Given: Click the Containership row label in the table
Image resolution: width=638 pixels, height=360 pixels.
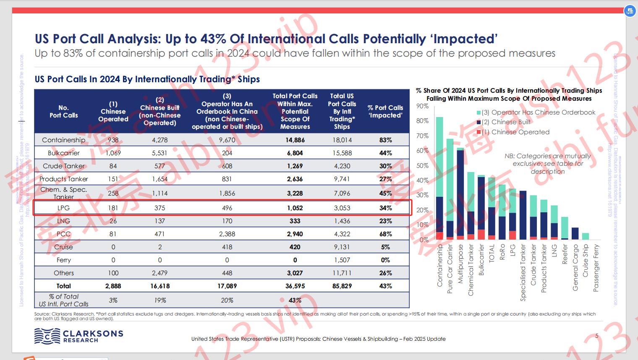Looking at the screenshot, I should pyautogui.click(x=63, y=140).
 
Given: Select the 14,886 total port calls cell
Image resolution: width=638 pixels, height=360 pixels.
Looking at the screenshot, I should pyautogui.click(x=295, y=140).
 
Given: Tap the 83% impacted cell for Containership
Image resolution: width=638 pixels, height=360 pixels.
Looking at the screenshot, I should pyautogui.click(x=385, y=140).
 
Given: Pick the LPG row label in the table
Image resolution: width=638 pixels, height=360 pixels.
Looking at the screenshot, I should pyautogui.click(x=63, y=208).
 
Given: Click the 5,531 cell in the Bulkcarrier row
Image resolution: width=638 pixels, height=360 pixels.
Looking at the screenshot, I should pyautogui.click(x=159, y=153).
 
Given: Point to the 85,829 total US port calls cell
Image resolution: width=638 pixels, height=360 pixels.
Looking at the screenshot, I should pyautogui.click(x=342, y=286).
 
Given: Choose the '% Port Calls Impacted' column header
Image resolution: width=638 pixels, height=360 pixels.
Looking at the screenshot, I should pyautogui.click(x=385, y=111).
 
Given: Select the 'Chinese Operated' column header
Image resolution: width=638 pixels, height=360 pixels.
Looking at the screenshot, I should pyautogui.click(x=113, y=111).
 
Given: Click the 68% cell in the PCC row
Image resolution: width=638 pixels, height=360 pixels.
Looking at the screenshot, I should pyautogui.click(x=385, y=234).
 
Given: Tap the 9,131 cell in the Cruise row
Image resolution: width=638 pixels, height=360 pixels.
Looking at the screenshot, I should pyautogui.click(x=342, y=247).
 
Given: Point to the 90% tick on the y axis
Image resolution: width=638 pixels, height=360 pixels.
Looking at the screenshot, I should pyautogui.click(x=422, y=106).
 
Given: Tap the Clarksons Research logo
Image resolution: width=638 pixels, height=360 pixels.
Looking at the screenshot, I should pyautogui.click(x=79, y=336).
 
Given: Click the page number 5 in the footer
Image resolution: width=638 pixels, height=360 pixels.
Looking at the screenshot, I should pyautogui.click(x=597, y=336).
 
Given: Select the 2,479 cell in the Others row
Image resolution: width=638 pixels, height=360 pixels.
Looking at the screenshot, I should pyautogui.click(x=159, y=273).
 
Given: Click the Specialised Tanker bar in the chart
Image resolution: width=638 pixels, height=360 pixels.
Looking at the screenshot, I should pyautogui.click(x=523, y=215).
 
